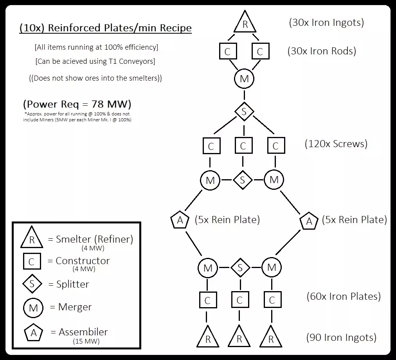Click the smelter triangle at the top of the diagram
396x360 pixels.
(245, 24)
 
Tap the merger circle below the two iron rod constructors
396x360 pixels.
(244, 79)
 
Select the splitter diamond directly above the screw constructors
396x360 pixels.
(244, 112)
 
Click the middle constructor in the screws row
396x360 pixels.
(243, 146)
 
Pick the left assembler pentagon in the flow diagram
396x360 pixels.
(180, 220)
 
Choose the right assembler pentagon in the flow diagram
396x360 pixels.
(309, 221)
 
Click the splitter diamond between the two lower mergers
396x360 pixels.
(240, 268)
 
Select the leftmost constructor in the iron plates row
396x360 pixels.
(207, 300)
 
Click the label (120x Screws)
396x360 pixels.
(336, 144)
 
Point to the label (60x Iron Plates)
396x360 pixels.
(344, 296)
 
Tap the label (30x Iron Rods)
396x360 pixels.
(322, 51)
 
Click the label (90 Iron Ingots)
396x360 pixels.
(341, 337)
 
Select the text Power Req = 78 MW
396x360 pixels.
(77, 104)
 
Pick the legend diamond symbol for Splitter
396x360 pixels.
(32, 284)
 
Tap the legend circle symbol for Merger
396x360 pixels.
(33, 308)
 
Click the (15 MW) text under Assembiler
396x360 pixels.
(86, 341)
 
